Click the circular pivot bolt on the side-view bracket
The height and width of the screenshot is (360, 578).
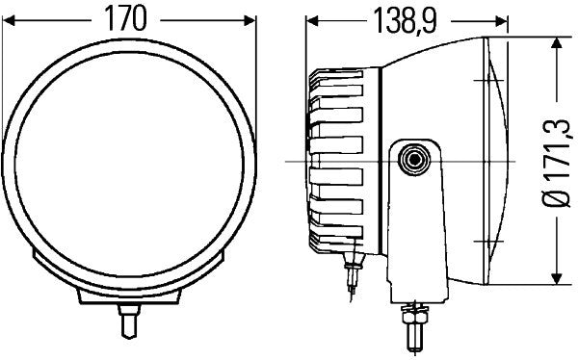(415, 160)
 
